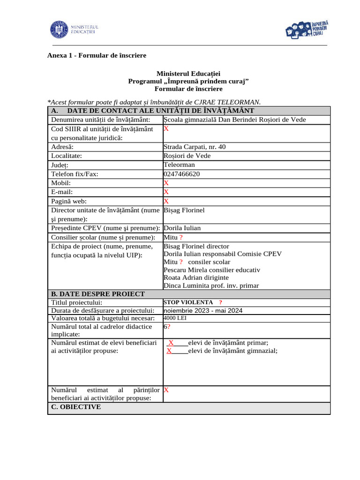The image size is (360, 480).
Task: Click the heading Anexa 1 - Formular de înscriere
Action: (x=97, y=55)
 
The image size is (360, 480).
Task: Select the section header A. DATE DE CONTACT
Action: (x=152, y=111)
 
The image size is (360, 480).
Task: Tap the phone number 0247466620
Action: (x=181, y=174)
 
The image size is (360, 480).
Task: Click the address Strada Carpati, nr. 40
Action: (x=195, y=147)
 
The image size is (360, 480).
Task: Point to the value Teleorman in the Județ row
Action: (x=179, y=165)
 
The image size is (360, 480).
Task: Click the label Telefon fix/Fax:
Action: (x=75, y=174)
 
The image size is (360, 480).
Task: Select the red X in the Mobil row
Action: (x=166, y=183)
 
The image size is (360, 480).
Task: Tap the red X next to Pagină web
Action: (x=166, y=201)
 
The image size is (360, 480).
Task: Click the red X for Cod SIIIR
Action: (x=166, y=128)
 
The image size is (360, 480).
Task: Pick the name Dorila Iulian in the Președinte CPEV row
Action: (x=182, y=228)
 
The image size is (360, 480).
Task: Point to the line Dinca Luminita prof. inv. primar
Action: (x=211, y=285)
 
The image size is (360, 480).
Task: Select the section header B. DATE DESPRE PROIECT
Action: (x=98, y=294)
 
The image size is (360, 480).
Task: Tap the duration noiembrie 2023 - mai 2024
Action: (x=203, y=310)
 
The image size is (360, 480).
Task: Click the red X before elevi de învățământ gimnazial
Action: (x=169, y=351)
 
